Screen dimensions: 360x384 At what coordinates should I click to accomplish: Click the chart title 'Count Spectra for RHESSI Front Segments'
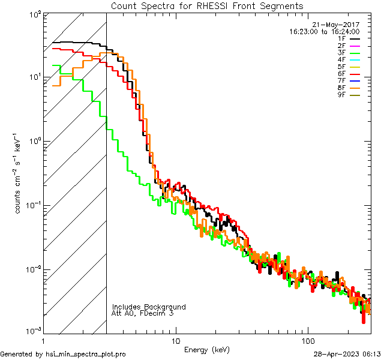coord(207,5)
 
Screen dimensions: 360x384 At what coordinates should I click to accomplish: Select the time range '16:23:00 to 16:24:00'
coord(323,32)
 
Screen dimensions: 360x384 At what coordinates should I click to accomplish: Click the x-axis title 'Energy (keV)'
coord(206,349)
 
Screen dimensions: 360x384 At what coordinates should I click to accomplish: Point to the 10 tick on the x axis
coord(175,340)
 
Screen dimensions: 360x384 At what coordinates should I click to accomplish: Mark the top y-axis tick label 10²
coord(34,14)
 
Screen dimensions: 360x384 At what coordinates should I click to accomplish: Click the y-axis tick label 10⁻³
coord(33,332)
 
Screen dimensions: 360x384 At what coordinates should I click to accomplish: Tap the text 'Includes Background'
coord(148,307)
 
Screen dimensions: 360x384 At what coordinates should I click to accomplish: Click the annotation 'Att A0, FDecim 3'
coord(143,313)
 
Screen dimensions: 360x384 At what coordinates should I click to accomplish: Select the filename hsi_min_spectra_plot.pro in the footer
coord(86,354)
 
